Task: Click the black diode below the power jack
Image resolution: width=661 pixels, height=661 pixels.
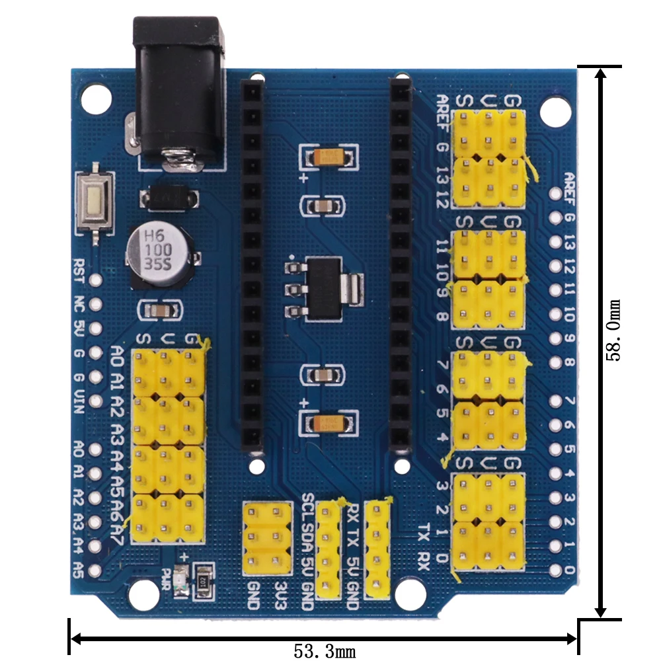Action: [169, 196]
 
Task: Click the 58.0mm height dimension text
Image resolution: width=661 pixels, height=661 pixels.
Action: [614, 330]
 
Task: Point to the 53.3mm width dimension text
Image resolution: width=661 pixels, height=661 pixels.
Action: [324, 652]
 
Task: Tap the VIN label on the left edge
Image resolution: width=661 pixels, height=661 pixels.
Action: [79, 402]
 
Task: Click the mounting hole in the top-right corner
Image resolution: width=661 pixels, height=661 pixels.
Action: [555, 111]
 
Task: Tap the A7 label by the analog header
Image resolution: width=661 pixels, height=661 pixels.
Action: [118, 530]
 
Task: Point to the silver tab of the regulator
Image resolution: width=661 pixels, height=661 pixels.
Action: [356, 288]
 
